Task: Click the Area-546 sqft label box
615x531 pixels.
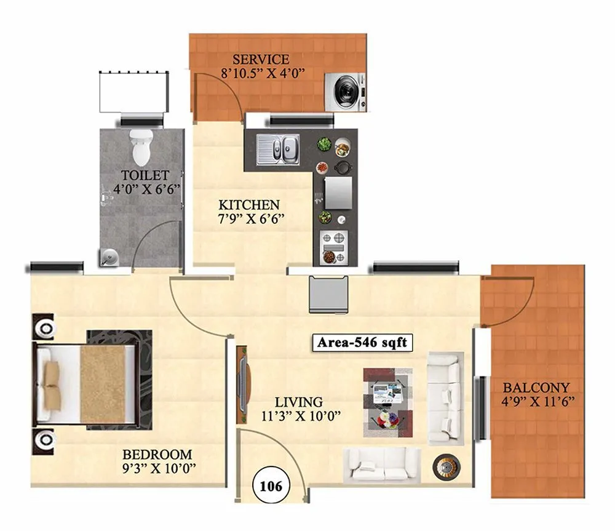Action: [x=362, y=342]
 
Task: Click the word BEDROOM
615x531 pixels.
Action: [x=157, y=455]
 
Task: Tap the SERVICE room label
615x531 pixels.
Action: [x=260, y=60]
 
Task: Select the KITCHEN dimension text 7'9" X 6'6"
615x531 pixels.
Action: [x=250, y=218]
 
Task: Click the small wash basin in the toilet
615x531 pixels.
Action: [x=108, y=255]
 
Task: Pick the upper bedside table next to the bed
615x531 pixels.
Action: [x=44, y=328]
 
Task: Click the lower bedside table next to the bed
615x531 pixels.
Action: [x=44, y=441]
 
